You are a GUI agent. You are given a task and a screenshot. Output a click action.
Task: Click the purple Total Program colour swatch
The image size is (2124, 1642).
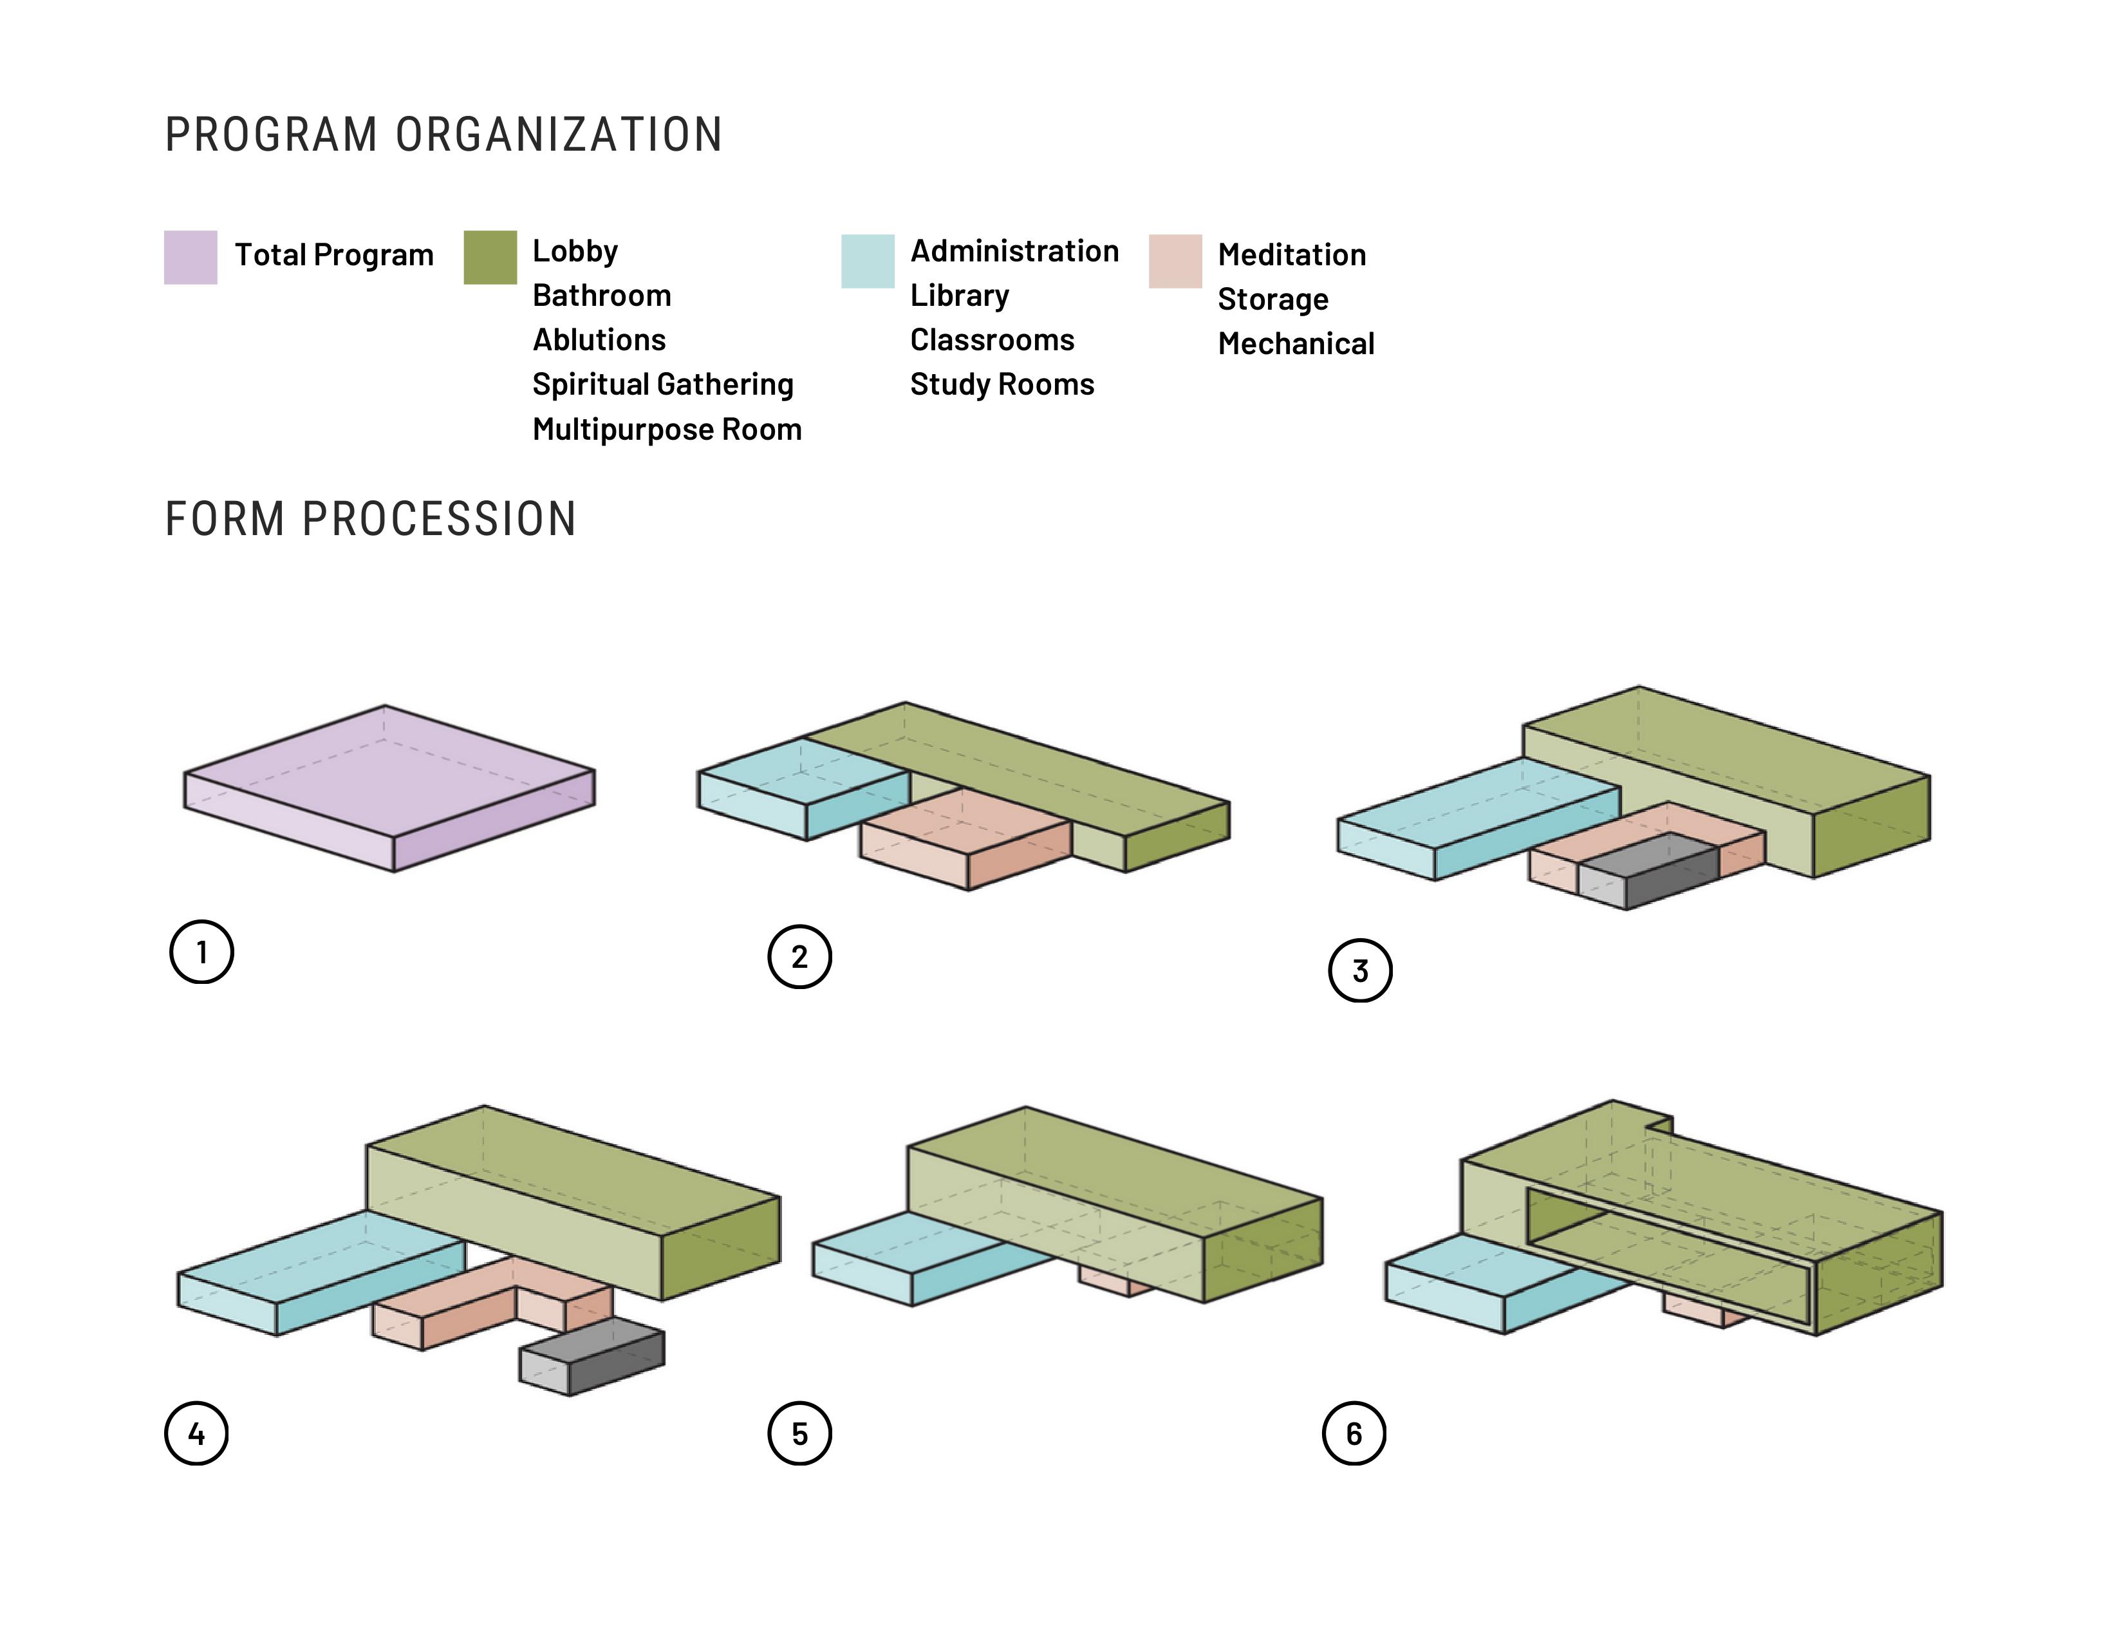click(190, 257)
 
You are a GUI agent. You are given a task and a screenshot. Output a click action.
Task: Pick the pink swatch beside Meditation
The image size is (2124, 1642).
click(1174, 261)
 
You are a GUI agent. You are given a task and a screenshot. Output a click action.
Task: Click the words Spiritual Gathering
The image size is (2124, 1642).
click(662, 384)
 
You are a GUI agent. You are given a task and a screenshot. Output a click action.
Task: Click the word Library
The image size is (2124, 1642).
click(959, 295)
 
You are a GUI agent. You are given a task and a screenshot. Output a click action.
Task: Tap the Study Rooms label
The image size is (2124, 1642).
click(1001, 384)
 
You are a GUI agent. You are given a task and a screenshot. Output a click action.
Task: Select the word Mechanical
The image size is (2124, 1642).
click(1296, 343)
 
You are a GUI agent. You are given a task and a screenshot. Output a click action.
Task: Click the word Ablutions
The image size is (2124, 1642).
click(598, 339)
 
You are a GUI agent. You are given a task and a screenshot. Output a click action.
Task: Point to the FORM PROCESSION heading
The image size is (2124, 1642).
click(371, 518)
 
